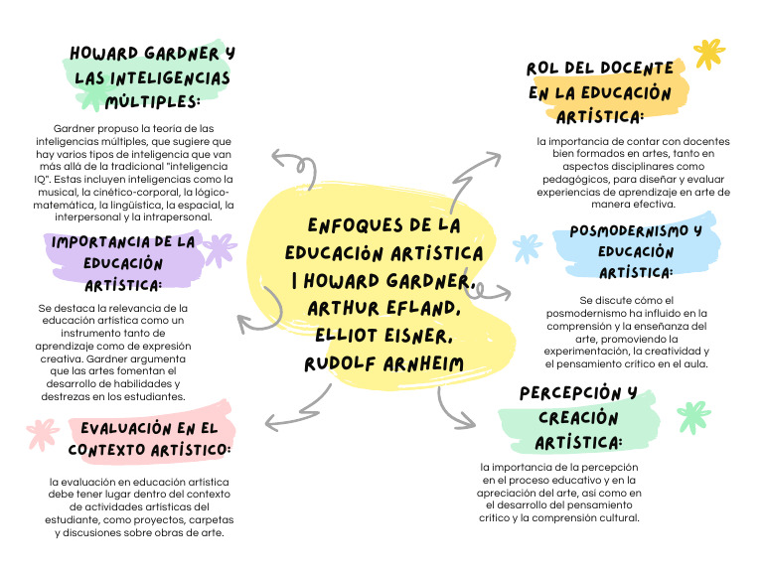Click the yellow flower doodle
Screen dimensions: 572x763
tap(708, 53)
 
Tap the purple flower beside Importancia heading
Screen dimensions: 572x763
tap(218, 248)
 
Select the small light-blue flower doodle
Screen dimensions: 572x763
tap(526, 247)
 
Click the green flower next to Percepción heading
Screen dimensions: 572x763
tap(693, 417)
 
